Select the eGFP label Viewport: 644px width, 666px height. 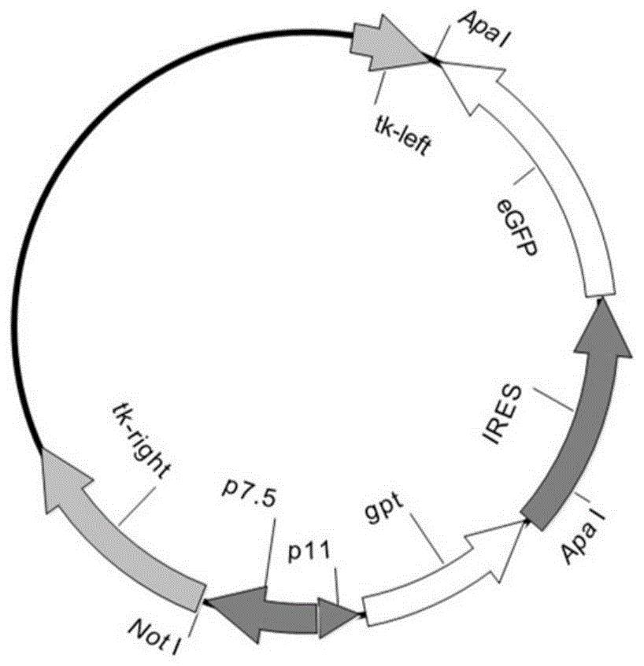pos(516,228)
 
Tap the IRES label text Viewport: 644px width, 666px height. pos(502,414)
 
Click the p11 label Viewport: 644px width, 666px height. pos(309,551)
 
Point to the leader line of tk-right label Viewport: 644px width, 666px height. pos(137,507)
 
